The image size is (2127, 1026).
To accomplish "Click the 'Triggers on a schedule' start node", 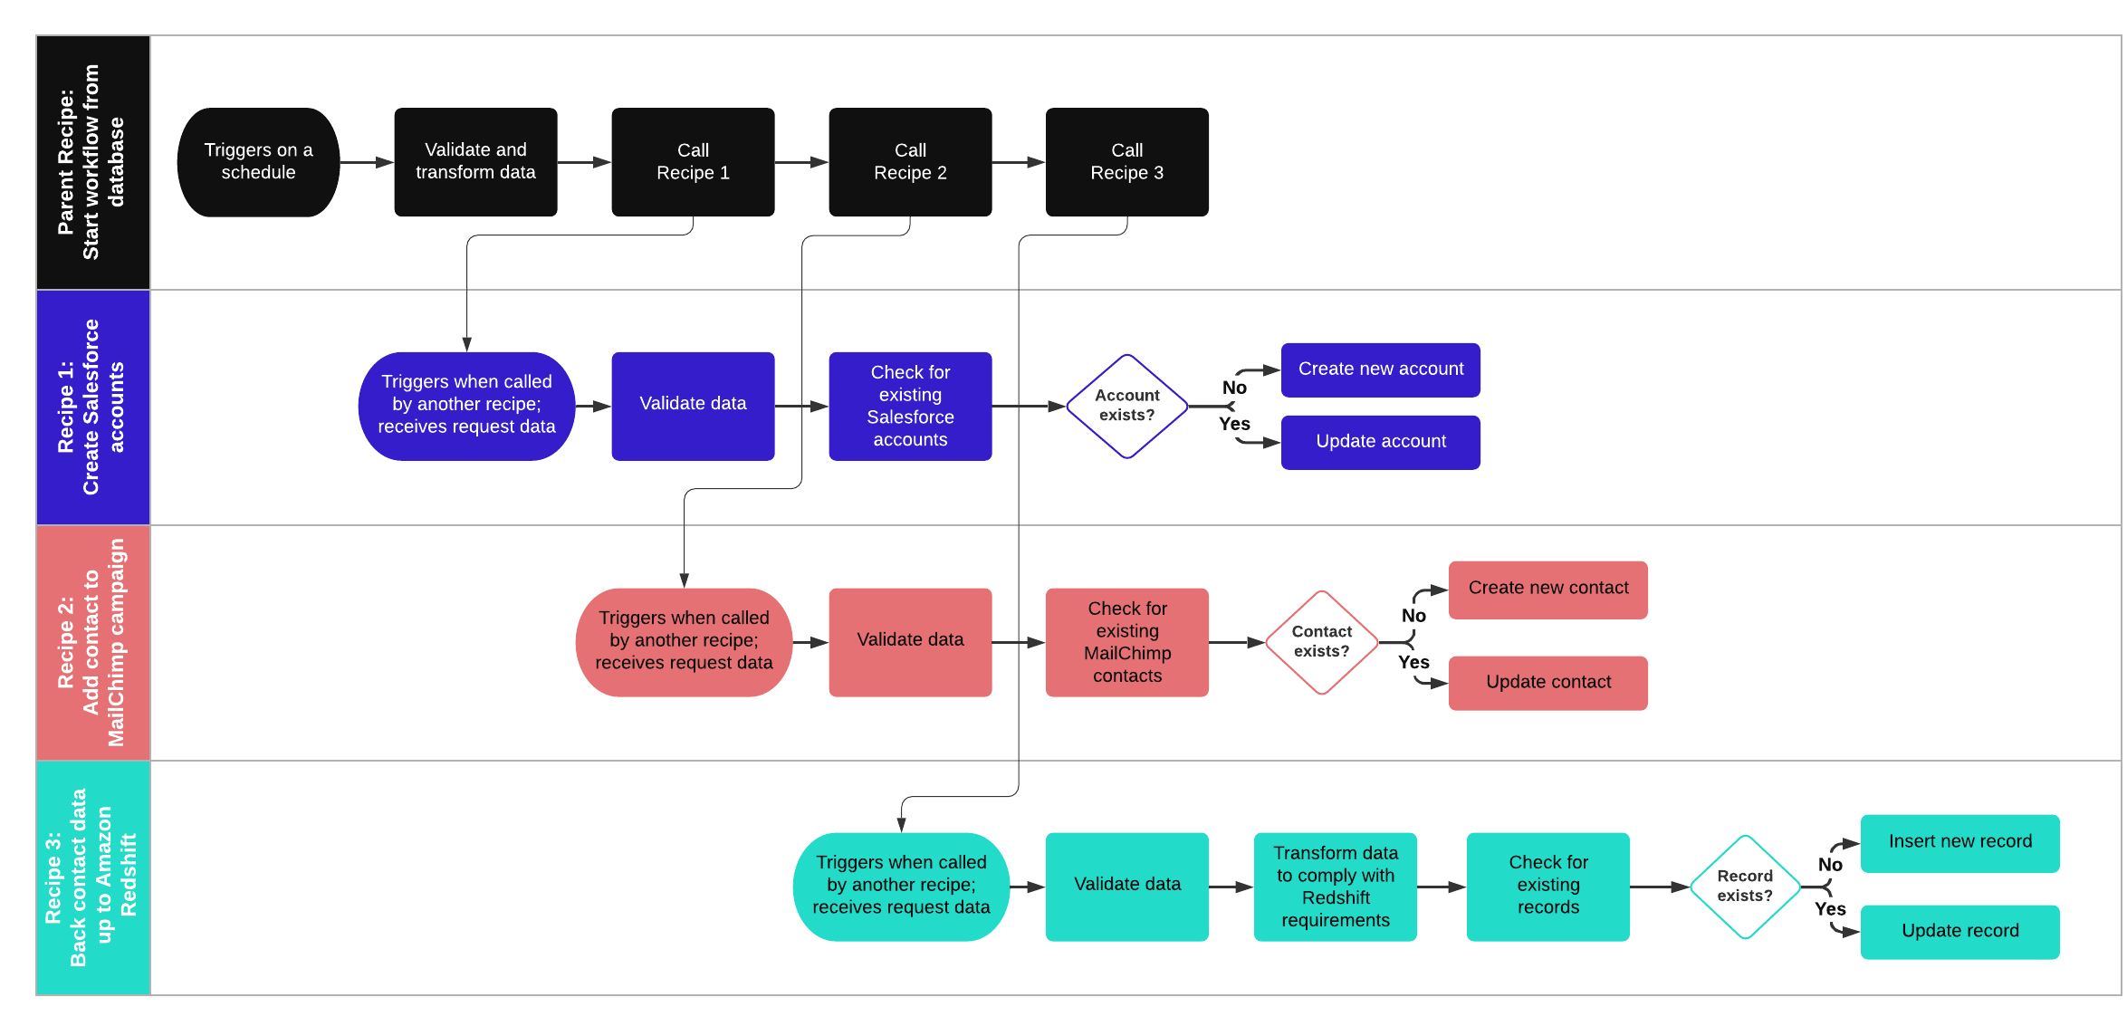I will click(258, 162).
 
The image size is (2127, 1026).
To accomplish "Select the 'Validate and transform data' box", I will click(475, 162).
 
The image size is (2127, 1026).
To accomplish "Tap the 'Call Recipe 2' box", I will click(910, 162).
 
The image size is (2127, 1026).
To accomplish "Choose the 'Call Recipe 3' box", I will click(1126, 162).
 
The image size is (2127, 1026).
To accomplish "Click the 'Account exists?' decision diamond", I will click(1126, 406).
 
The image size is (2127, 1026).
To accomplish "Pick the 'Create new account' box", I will click(1380, 369).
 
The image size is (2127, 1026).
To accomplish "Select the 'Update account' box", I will click(1380, 442).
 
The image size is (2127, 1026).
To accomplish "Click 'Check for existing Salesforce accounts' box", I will click(910, 406).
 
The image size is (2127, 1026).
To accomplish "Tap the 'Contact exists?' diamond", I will click(1321, 642).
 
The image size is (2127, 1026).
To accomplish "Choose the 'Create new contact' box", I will click(1547, 589).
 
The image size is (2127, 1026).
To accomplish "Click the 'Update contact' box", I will click(1547, 683).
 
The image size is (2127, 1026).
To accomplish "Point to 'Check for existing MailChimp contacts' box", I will click(1126, 642).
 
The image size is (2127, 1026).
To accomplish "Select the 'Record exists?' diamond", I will click(1745, 887).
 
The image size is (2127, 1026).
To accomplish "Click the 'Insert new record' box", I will click(1959, 842).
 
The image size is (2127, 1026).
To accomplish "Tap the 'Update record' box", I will click(1959, 931).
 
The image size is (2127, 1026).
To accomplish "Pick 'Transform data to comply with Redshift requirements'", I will click(1335, 887).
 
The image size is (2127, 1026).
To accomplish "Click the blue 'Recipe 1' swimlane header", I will click(92, 407).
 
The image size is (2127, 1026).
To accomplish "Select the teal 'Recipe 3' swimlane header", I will click(92, 877).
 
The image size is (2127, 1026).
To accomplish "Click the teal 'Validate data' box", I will click(1126, 887).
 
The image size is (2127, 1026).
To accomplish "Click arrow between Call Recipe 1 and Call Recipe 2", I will click(801, 162).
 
